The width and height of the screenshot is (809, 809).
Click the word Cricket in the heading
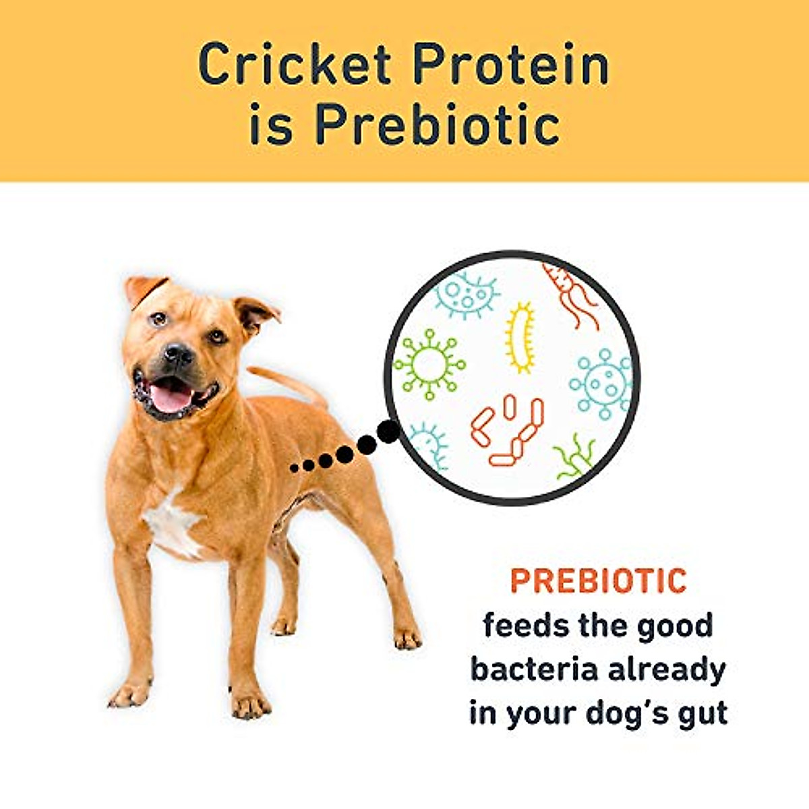point(295,65)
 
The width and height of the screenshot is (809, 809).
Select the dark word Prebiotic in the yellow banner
point(437,125)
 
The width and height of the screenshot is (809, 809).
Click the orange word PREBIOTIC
point(598,581)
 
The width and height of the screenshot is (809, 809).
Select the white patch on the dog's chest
point(172,522)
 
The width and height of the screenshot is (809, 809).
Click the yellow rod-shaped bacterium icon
point(520,338)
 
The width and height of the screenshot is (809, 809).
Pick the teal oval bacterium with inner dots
point(466,294)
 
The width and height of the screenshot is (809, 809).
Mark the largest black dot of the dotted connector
point(388,432)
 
